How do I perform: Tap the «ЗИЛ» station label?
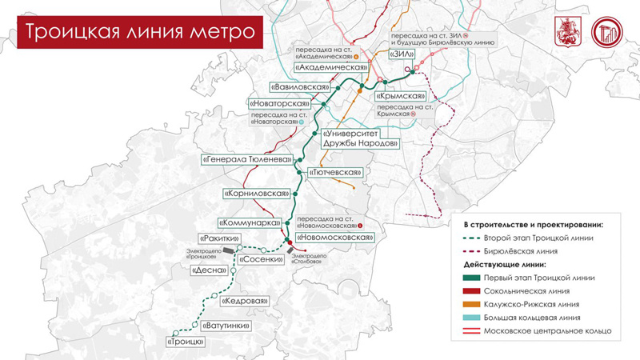pos(402,54)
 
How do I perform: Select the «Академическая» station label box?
pos(335,68)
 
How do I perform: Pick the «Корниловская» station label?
pos(254,194)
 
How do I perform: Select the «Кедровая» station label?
pos(244,302)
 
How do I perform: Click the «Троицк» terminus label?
pos(186,342)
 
